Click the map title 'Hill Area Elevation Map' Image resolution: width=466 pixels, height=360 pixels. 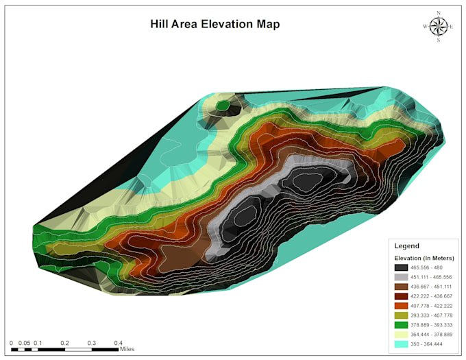(214, 24)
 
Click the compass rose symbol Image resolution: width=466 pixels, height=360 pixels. (438, 26)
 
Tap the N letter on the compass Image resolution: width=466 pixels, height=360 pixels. (438, 12)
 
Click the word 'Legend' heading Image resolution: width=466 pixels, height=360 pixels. (406, 245)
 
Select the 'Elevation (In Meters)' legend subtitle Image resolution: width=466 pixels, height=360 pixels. (424, 257)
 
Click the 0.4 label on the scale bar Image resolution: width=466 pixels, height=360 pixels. (119, 342)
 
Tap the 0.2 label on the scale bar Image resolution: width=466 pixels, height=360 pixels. (64, 342)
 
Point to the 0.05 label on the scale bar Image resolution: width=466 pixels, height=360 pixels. (24, 342)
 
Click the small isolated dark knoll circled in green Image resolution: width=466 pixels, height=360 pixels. (223, 106)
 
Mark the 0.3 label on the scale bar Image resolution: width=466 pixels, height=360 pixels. (91, 342)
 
